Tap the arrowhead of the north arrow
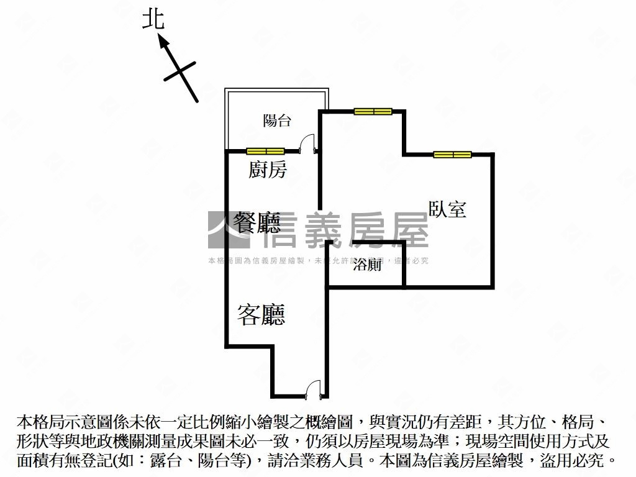tap(163, 41)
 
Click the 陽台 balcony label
tap(276, 120)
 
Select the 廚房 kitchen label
tap(268, 170)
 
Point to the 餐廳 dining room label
tap(257, 222)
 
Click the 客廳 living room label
tap(261, 315)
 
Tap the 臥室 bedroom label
tap(447, 209)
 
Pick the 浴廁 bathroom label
tap(366, 266)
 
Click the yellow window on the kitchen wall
tap(265, 151)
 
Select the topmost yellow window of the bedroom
tap(373, 112)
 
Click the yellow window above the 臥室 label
tap(452, 154)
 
